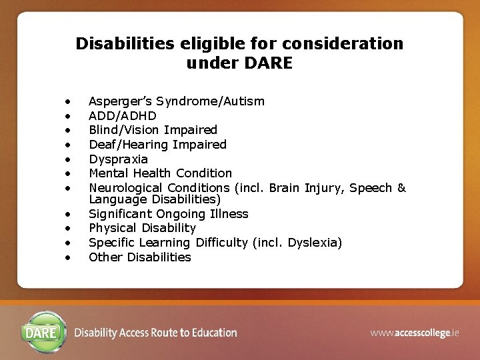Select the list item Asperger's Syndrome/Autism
[x=176, y=101]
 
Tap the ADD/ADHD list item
[x=123, y=116]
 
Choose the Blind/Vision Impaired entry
[x=153, y=130]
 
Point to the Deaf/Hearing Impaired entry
[x=157, y=145]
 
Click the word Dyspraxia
[x=118, y=159]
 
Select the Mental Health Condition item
[x=160, y=173]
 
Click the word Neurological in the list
[x=126, y=188]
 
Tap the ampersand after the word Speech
[x=401, y=188]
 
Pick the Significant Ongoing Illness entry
[x=168, y=214]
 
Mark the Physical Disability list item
[x=142, y=228]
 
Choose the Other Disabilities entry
[x=139, y=257]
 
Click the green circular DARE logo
[x=44, y=331]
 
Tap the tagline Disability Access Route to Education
[x=155, y=333]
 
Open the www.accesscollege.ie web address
[x=415, y=333]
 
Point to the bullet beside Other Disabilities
[x=67, y=258]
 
